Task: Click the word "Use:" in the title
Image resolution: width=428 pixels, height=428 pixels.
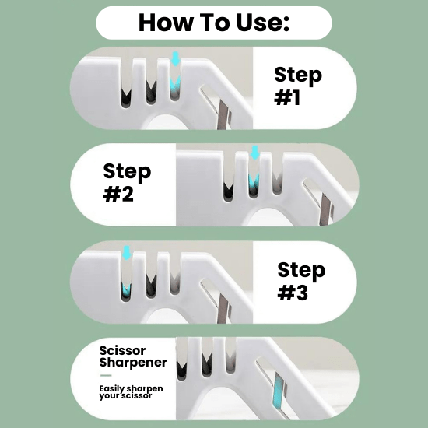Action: (262, 23)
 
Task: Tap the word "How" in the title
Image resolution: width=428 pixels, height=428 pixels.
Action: (166, 23)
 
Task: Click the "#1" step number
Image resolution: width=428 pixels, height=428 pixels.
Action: (287, 98)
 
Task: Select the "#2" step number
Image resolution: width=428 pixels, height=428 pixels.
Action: (118, 194)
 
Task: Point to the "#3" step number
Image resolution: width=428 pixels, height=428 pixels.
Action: (293, 293)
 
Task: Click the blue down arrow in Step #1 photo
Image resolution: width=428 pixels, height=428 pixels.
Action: (175, 58)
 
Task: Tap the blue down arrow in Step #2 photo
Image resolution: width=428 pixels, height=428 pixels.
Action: (255, 153)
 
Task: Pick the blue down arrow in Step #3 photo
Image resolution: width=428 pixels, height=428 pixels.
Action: (126, 252)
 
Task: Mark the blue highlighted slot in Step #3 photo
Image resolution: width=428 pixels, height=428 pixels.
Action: (126, 292)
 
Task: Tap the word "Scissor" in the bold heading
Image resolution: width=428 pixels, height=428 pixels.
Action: (122, 350)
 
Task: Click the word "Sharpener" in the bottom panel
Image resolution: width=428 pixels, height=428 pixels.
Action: (133, 363)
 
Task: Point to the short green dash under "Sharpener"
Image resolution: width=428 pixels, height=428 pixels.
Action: (106, 375)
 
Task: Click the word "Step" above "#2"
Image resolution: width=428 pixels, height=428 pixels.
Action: (127, 172)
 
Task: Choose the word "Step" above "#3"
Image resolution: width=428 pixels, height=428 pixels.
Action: (301, 271)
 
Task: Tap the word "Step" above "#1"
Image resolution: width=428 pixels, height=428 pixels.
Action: (298, 75)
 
